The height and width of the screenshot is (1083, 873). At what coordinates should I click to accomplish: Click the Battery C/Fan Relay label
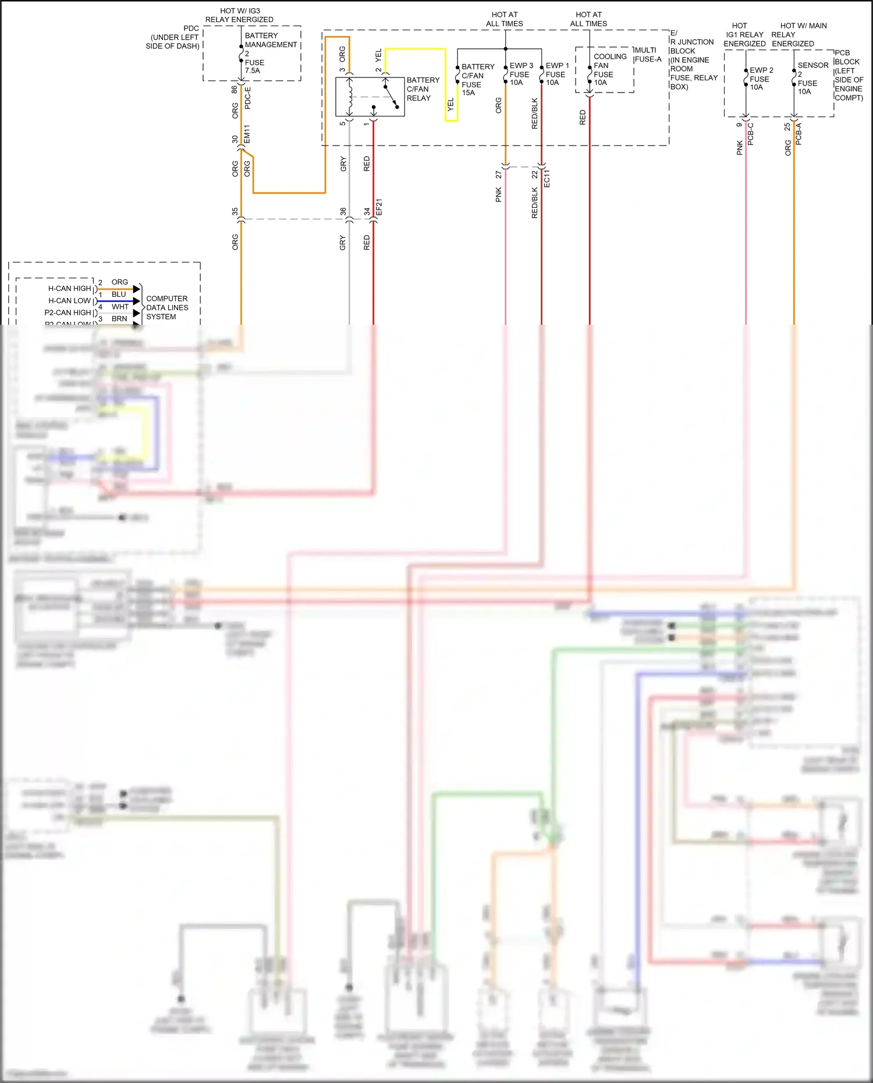[423, 89]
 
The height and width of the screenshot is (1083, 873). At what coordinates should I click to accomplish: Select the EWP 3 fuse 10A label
[520, 74]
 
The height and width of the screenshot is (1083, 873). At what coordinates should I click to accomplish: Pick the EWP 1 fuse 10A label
[556, 74]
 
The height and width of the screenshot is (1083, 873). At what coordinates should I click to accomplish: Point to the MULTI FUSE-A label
[648, 55]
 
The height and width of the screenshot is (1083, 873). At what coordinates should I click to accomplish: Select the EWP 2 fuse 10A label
[760, 79]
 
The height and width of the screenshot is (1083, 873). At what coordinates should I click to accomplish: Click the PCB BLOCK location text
[849, 75]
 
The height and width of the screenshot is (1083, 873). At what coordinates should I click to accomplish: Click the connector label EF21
[379, 208]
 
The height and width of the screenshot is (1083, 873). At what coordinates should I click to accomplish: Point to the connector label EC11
[546, 178]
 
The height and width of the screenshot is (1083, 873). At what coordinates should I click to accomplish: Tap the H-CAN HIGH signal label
[69, 289]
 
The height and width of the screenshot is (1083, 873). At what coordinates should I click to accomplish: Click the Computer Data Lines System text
[167, 307]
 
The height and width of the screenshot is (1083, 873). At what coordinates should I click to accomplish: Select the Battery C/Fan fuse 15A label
[477, 80]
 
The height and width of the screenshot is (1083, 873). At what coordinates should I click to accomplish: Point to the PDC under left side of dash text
[173, 37]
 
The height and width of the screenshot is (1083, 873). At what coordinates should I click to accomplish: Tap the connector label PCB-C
[750, 134]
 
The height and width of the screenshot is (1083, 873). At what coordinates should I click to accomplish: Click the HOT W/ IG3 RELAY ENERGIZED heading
[239, 15]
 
